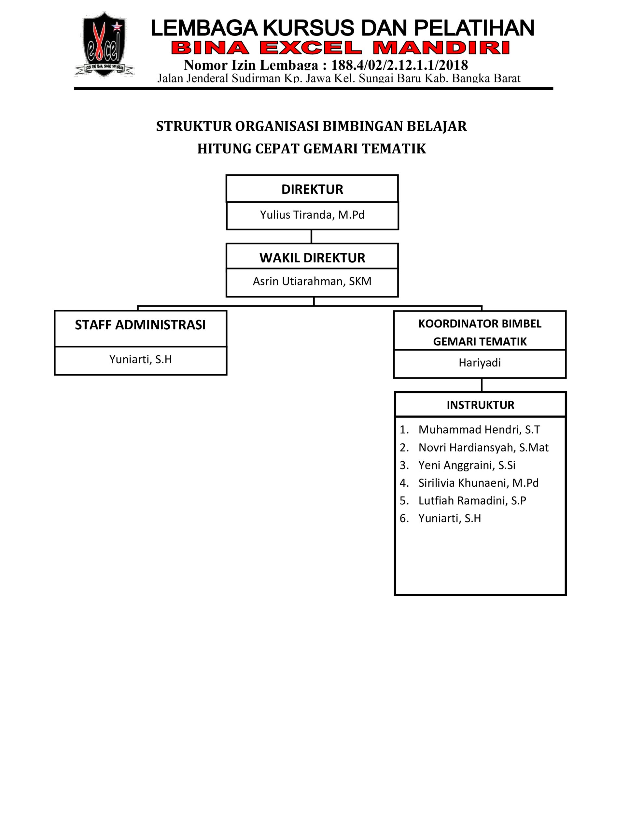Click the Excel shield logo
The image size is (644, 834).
[x=104, y=44]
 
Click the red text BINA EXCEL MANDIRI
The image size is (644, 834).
[x=341, y=48]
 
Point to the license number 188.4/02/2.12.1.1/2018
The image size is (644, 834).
[x=399, y=65]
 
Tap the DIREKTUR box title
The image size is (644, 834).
[x=312, y=189]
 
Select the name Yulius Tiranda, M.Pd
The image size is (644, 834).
[x=312, y=215]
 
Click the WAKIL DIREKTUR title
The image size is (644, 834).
[x=312, y=258]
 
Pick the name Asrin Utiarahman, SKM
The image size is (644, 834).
[x=312, y=281]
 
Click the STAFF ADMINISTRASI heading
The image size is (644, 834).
[x=140, y=325]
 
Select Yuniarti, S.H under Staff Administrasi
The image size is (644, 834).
[x=140, y=359]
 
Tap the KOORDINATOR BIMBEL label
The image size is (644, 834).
[x=480, y=324]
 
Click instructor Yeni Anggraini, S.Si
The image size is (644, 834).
[x=467, y=465]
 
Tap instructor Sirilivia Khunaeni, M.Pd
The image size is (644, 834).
[x=478, y=483]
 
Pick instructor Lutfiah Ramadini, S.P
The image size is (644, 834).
[x=472, y=501]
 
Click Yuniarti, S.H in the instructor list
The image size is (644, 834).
[x=450, y=518]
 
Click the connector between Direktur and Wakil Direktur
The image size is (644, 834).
[x=312, y=237]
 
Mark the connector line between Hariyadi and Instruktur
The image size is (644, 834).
[x=482, y=385]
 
